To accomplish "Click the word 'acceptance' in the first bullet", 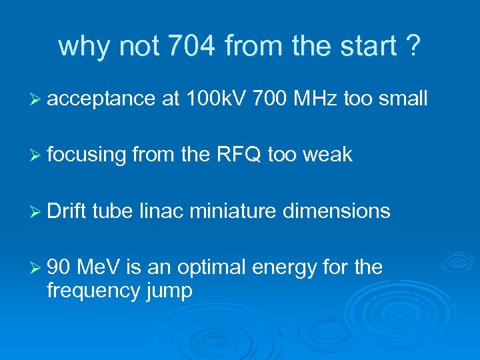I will click(x=101, y=99).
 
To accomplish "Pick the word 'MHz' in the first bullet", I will click(x=315, y=99).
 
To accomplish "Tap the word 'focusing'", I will click(x=87, y=155).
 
